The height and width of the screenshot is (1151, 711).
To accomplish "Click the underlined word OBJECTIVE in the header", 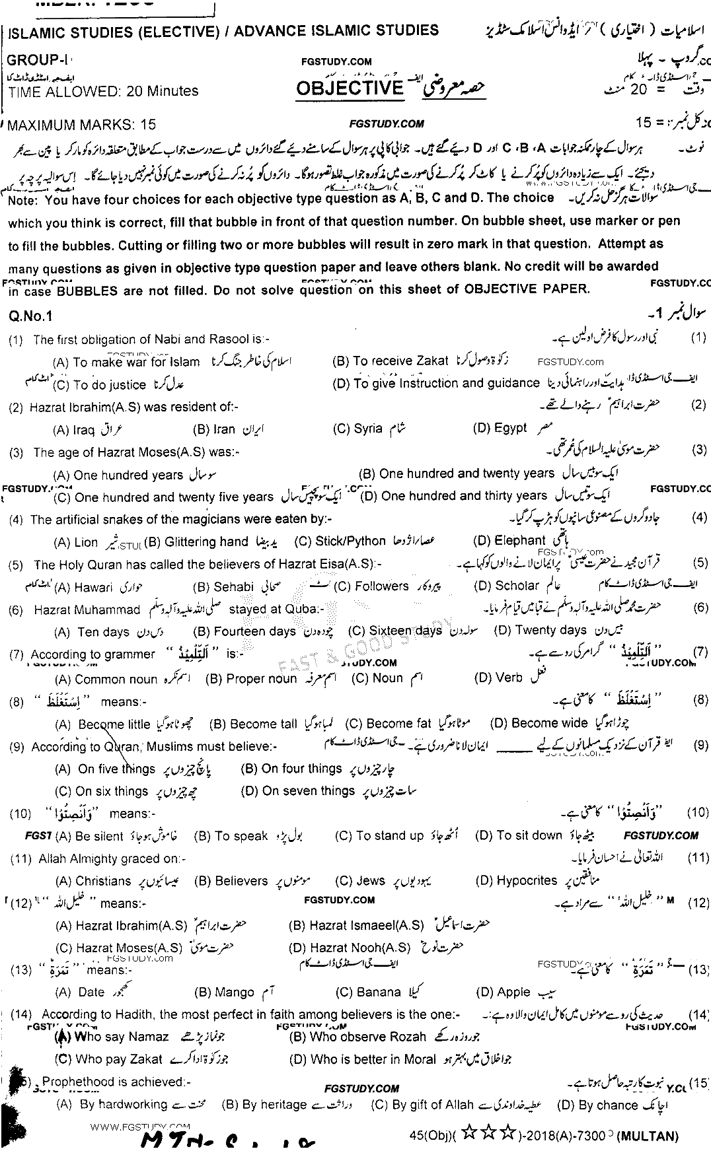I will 349,88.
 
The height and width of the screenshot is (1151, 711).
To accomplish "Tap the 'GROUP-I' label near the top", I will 32,60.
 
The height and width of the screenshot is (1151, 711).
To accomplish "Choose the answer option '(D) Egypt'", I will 500,428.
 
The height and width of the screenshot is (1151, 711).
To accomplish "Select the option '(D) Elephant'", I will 509,541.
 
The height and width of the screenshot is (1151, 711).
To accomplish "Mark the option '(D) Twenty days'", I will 541,630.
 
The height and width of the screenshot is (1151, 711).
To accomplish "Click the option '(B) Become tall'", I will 253,724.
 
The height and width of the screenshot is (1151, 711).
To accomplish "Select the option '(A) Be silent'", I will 90,836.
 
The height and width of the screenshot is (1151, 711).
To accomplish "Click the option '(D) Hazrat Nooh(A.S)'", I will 350,948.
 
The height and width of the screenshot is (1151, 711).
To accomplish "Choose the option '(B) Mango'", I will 224,993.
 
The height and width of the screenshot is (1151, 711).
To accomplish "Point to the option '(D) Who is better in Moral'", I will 363,1059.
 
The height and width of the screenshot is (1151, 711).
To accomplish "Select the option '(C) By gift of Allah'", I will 422,1105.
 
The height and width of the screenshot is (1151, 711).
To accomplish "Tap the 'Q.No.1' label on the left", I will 30,316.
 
